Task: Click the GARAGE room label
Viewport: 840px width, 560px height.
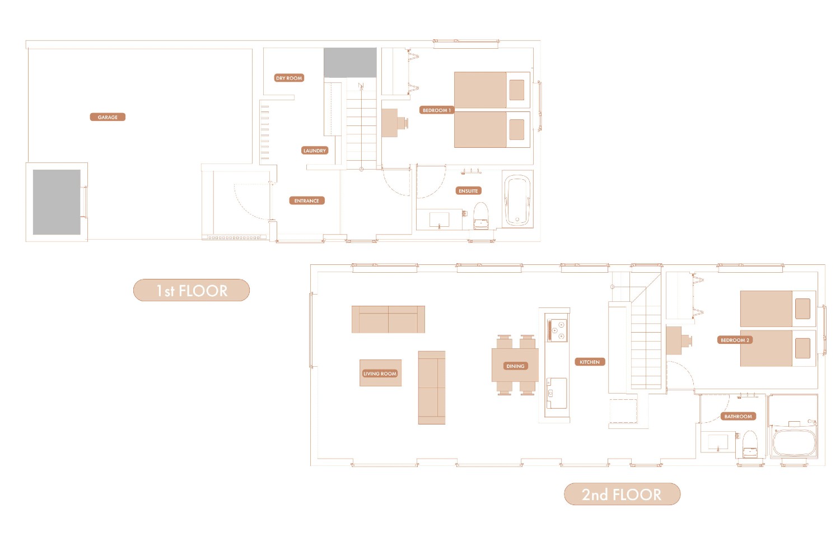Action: (x=108, y=117)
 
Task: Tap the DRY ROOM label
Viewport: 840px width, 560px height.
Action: (x=289, y=78)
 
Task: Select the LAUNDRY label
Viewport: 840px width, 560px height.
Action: (x=315, y=151)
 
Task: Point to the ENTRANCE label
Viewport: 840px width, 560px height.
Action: (x=307, y=200)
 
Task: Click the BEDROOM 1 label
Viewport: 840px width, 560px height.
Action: (x=436, y=110)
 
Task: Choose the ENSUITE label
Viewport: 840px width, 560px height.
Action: (x=468, y=191)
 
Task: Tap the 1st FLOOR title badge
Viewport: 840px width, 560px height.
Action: (x=192, y=290)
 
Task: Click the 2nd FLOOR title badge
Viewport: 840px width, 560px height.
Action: (x=622, y=494)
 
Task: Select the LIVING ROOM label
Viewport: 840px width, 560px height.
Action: (x=380, y=374)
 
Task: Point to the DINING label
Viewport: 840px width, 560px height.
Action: (x=515, y=366)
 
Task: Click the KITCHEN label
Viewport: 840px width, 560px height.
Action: (x=590, y=362)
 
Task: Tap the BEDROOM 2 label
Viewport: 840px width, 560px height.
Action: (x=735, y=340)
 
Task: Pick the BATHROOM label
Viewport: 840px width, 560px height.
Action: (x=738, y=416)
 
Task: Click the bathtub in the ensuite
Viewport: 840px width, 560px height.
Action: (x=517, y=200)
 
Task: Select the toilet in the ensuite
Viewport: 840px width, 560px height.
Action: (x=480, y=216)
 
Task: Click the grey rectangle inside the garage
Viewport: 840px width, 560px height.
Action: (x=57, y=202)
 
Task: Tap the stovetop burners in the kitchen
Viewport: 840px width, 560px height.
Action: (x=557, y=330)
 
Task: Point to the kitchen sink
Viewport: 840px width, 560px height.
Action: (x=557, y=393)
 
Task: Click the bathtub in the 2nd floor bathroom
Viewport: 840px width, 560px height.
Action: (x=794, y=442)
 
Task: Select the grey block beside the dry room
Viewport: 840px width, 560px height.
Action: (x=350, y=63)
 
